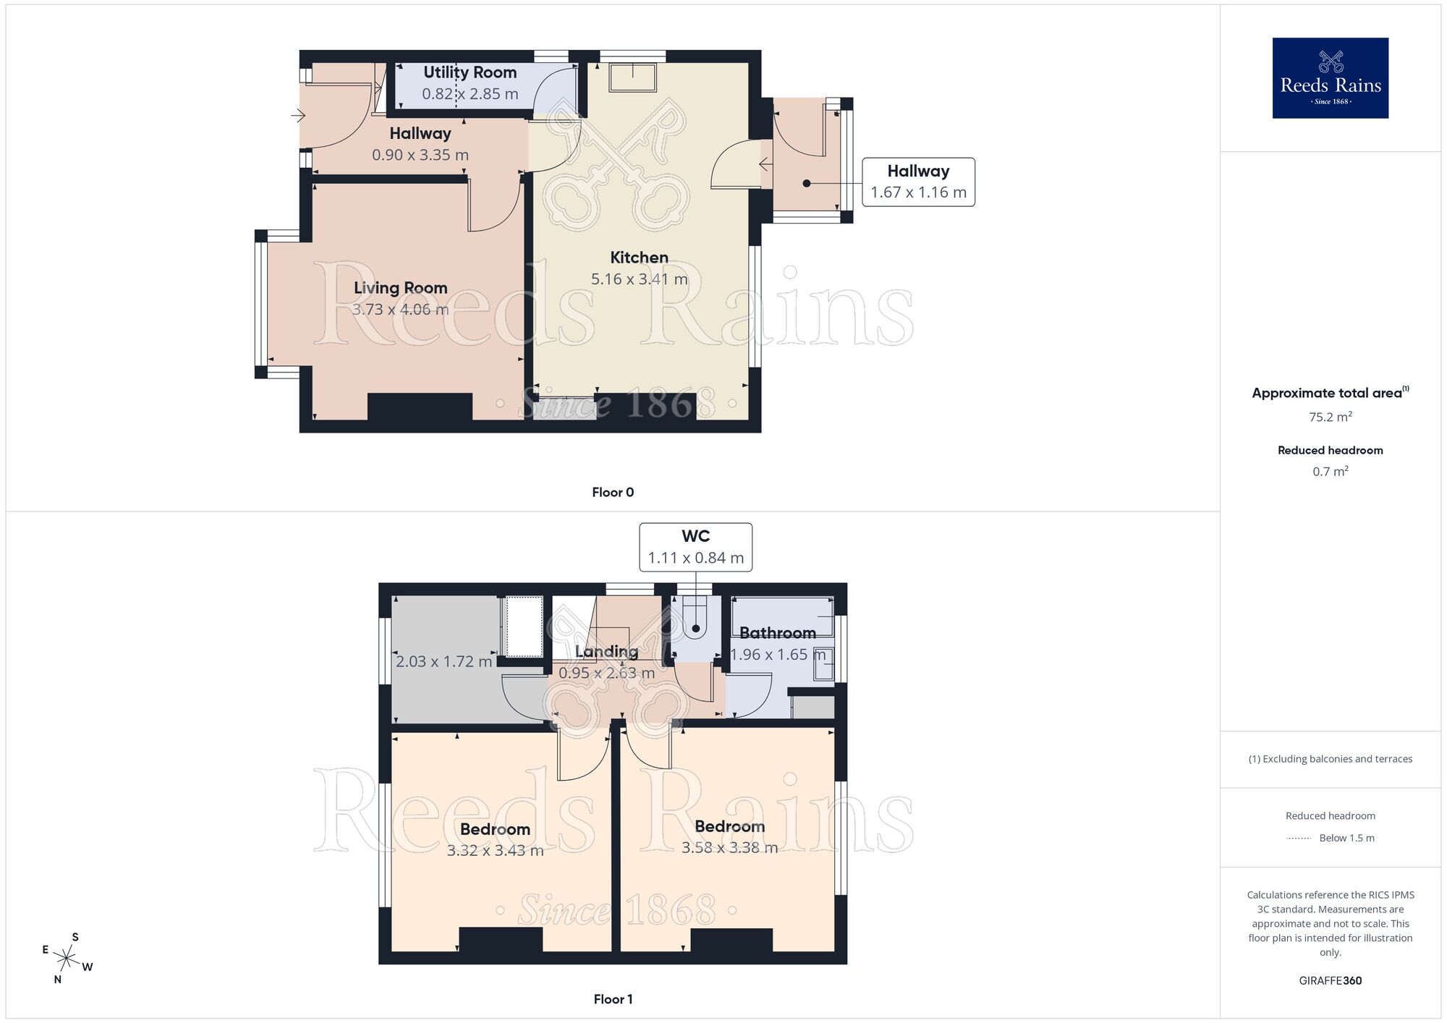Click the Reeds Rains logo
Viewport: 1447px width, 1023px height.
[1330, 78]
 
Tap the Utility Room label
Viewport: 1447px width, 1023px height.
[470, 72]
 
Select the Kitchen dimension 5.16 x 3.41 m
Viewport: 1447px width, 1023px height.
[639, 279]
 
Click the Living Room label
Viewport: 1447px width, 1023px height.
[400, 288]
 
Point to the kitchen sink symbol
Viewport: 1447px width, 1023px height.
[633, 77]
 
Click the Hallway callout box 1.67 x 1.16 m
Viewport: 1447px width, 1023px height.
[918, 182]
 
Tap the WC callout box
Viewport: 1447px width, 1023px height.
[695, 547]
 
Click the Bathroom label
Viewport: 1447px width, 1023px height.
[777, 633]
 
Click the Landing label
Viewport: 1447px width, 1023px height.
[606, 651]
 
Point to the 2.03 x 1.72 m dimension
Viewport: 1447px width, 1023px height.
[444, 661]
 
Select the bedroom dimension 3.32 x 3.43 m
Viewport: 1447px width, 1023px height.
[495, 851]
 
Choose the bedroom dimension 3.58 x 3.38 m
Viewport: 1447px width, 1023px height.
[729, 848]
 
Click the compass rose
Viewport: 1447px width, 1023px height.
[67, 959]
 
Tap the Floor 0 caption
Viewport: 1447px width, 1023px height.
[613, 493]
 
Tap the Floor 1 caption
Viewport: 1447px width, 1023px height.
[613, 999]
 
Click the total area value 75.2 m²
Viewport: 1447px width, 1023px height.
[1330, 417]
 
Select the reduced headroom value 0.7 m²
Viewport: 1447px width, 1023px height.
[1330, 472]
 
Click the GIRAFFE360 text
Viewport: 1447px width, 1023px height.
[1330, 981]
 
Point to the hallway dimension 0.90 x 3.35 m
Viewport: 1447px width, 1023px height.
[420, 155]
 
